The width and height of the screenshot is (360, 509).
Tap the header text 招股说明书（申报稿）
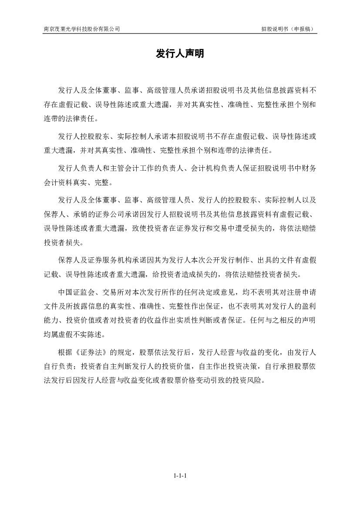click(x=288, y=29)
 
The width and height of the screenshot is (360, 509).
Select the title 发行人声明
click(x=180, y=54)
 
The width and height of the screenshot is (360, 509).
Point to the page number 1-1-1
click(x=180, y=476)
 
